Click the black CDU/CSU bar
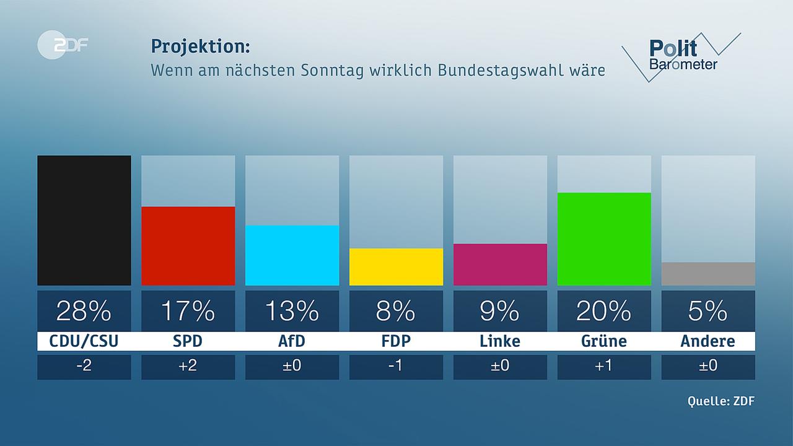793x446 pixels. click(84, 221)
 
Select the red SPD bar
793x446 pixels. click(188, 246)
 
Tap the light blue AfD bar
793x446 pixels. click(292, 255)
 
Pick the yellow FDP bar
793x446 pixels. click(396, 267)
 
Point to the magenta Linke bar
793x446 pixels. click(500, 265)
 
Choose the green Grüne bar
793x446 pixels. click(604, 239)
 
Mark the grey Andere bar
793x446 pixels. click(708, 274)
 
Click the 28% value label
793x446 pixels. click(84, 311)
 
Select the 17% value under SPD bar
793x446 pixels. click(188, 311)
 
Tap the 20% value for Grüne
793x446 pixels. click(604, 311)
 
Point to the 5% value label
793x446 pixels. click(708, 311)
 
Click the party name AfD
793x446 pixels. click(292, 341)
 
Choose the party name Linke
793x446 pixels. click(500, 341)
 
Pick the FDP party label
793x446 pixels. click(396, 341)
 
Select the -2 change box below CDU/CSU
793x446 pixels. click(84, 367)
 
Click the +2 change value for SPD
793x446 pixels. click(188, 367)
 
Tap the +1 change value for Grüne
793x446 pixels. click(604, 367)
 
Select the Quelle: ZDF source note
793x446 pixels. click(721, 401)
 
